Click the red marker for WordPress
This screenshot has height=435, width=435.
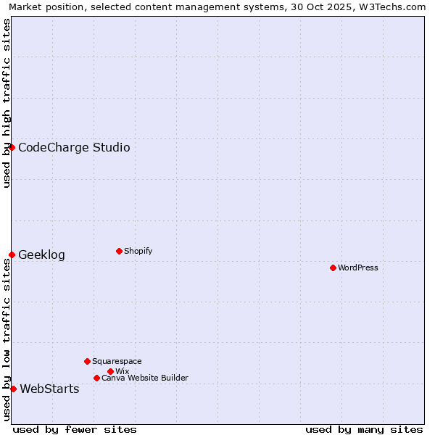click(333, 268)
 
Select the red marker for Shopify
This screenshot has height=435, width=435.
click(119, 251)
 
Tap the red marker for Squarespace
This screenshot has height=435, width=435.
click(87, 361)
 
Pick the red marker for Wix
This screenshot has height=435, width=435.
click(110, 371)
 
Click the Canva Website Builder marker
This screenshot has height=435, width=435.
click(96, 378)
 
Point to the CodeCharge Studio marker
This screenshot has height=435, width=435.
click(12, 147)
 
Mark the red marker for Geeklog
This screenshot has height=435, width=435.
click(12, 254)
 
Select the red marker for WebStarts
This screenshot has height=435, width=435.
click(13, 389)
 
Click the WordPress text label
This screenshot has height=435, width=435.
click(358, 268)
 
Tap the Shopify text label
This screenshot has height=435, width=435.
click(138, 251)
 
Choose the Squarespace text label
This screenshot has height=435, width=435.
click(117, 361)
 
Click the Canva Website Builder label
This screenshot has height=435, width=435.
click(144, 378)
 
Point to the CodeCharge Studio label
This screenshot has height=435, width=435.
click(74, 148)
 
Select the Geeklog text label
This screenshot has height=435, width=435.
click(41, 255)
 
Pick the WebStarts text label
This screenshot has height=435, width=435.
click(49, 389)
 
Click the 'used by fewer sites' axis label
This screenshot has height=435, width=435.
click(75, 429)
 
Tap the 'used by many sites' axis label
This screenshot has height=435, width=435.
click(364, 429)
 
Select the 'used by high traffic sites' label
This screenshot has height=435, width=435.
click(7, 103)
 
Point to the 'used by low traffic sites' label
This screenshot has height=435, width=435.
click(7, 339)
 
